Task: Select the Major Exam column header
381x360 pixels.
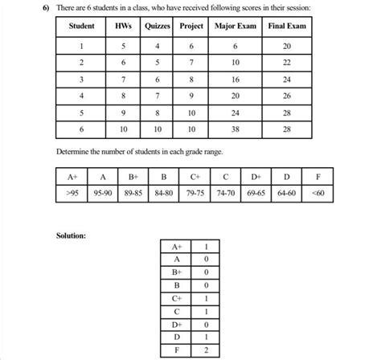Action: click(235, 27)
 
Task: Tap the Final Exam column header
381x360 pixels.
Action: click(287, 27)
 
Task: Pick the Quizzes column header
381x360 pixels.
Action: click(157, 27)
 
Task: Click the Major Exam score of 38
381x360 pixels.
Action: click(235, 129)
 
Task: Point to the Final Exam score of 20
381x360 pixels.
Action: click(287, 46)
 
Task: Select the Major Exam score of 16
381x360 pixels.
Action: click(235, 80)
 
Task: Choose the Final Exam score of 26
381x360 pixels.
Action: click(287, 96)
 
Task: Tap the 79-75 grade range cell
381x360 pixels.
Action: click(195, 193)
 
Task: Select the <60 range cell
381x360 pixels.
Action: click(319, 193)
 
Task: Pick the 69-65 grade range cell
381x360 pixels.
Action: click(256, 193)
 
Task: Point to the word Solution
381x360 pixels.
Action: click(72, 236)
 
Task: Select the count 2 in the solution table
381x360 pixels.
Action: click(207, 350)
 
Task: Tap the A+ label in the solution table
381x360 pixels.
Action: click(176, 247)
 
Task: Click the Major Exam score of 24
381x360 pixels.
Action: click(235, 112)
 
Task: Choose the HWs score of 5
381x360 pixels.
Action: click(124, 46)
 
